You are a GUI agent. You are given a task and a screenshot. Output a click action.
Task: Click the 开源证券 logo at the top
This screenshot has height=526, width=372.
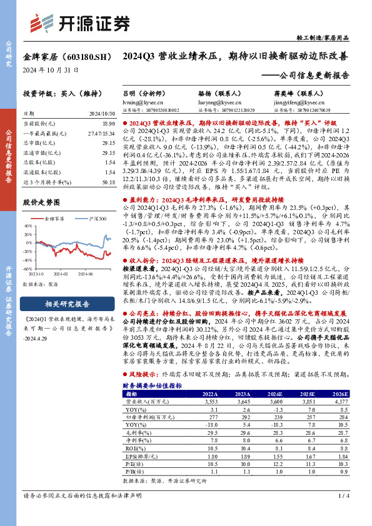click(x=81, y=23)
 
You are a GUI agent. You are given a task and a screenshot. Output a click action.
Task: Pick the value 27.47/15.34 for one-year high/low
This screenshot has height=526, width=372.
click(x=102, y=134)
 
